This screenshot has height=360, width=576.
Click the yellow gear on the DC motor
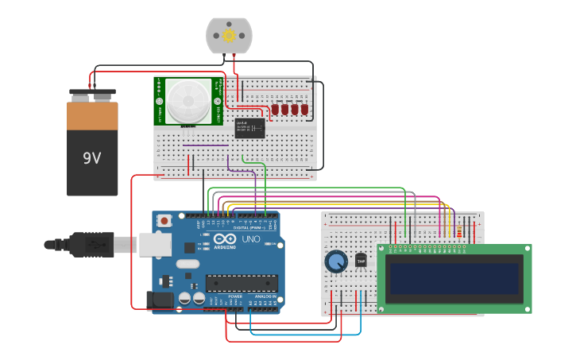pos(230,35)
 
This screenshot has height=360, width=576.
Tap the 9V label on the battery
pos(92,158)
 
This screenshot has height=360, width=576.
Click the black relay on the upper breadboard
pos(250,128)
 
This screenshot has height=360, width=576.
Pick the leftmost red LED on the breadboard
pos(275,110)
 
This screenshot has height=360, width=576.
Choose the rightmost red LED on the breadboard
pos(304,110)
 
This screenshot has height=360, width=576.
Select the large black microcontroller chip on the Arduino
pos(242,283)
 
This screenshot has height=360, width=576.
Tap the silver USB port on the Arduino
pos(155,244)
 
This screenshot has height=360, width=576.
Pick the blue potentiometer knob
pos(336,261)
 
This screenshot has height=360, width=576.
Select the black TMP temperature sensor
pos(361,260)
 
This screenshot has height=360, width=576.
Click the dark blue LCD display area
pos(454,278)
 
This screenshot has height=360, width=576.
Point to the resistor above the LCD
pos(460,231)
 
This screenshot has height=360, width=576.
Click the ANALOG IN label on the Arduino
pos(265,296)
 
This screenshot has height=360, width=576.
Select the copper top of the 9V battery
pos(92,115)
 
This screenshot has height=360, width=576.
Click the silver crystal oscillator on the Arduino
pos(187,264)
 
